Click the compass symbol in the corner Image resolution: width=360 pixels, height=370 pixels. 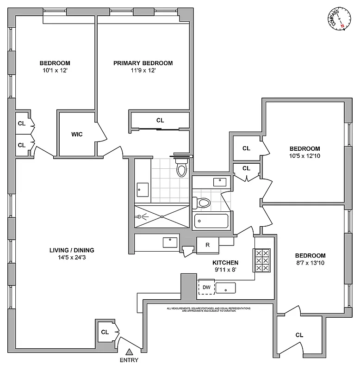pos(340,19)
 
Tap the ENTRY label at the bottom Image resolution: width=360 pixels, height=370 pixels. pos(129,360)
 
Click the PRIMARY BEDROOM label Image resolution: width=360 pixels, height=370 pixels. pos(143,63)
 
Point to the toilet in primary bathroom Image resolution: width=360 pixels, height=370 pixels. pos(181,169)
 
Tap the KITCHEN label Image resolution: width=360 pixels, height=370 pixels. pos(226,262)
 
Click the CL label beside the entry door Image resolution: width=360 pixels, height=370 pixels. pos(105,332)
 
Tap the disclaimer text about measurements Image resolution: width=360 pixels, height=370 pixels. pos(209,309)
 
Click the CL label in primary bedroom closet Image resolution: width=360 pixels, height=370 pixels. pos(160,120)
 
